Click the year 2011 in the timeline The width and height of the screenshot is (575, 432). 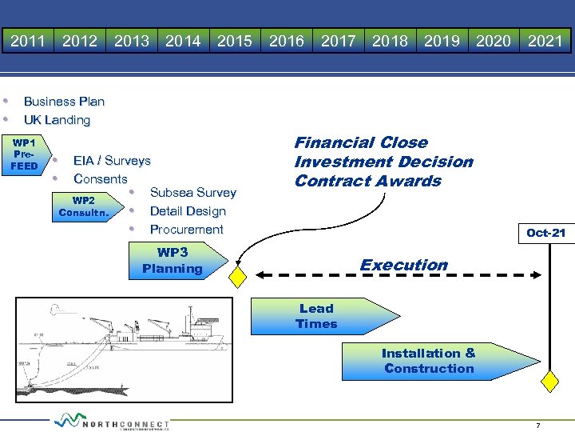(27, 41)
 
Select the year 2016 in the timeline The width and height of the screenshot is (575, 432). (287, 41)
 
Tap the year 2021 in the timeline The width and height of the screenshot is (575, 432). (545, 41)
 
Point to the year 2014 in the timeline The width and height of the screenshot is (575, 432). (183, 41)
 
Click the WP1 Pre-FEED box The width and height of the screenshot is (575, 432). (23, 154)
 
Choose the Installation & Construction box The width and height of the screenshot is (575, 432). (429, 361)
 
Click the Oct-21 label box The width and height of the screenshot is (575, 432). (546, 233)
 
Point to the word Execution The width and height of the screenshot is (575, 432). (404, 265)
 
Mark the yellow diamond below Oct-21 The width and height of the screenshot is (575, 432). (549, 381)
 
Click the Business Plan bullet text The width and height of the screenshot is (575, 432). (64, 102)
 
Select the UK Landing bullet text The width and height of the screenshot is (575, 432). (57, 120)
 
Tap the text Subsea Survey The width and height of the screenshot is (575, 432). (193, 193)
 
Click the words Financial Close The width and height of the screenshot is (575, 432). (361, 142)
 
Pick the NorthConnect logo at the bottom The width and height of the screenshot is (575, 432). (112, 422)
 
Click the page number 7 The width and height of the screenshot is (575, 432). (538, 426)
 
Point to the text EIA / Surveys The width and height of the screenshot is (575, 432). (111, 161)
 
